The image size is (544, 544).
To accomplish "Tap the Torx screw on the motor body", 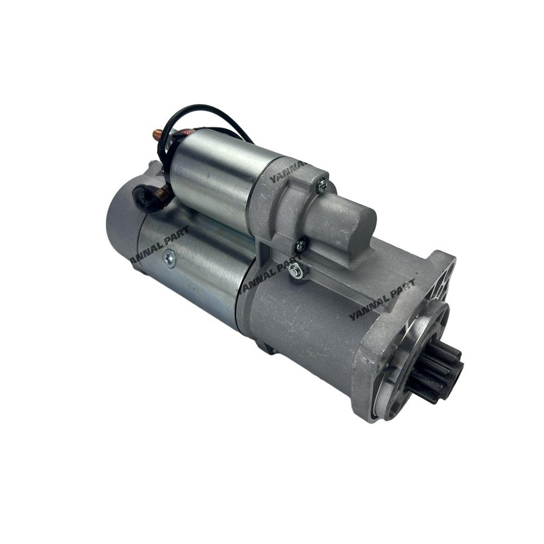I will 170,260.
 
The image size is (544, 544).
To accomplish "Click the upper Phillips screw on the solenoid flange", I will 322,185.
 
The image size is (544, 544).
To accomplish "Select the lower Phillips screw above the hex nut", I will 299,246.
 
